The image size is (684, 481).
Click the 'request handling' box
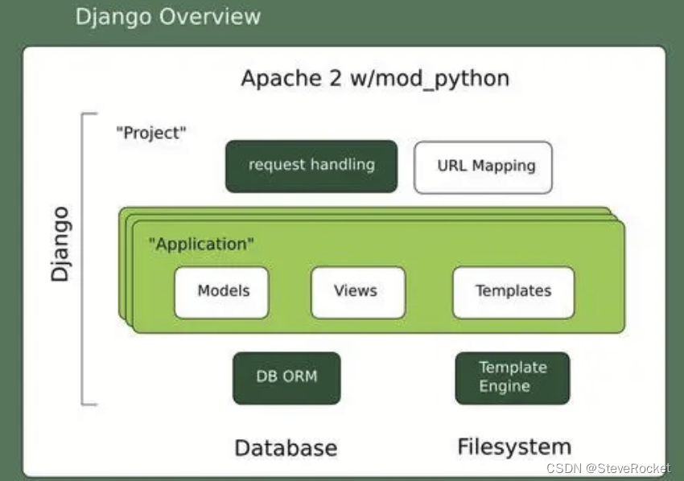click(311, 166)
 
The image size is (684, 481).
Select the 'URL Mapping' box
click(483, 166)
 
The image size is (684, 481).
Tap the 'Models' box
click(222, 291)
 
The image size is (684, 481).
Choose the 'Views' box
click(357, 291)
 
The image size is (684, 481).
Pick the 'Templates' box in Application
click(513, 291)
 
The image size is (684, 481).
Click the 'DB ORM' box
click(286, 376)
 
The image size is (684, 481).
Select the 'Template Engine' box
click(513, 377)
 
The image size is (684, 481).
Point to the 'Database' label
click(286, 447)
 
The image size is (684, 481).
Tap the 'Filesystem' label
click(514, 446)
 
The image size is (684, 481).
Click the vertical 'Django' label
click(60, 244)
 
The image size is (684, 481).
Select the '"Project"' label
click(151, 133)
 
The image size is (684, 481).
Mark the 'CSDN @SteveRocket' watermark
click(608, 468)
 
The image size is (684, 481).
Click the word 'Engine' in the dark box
click(505, 386)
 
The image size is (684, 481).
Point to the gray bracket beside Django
click(84, 257)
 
